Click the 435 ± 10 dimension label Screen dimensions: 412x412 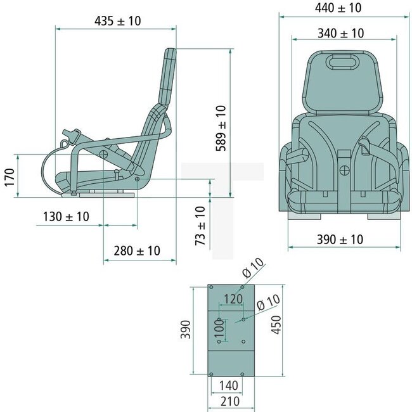117,21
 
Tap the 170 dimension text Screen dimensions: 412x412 8,176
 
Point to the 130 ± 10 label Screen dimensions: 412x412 66,217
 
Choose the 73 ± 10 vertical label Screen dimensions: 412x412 200,226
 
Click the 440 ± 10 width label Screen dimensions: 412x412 338,8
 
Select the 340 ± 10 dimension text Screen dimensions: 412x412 340,33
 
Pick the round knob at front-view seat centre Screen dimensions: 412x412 345,170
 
